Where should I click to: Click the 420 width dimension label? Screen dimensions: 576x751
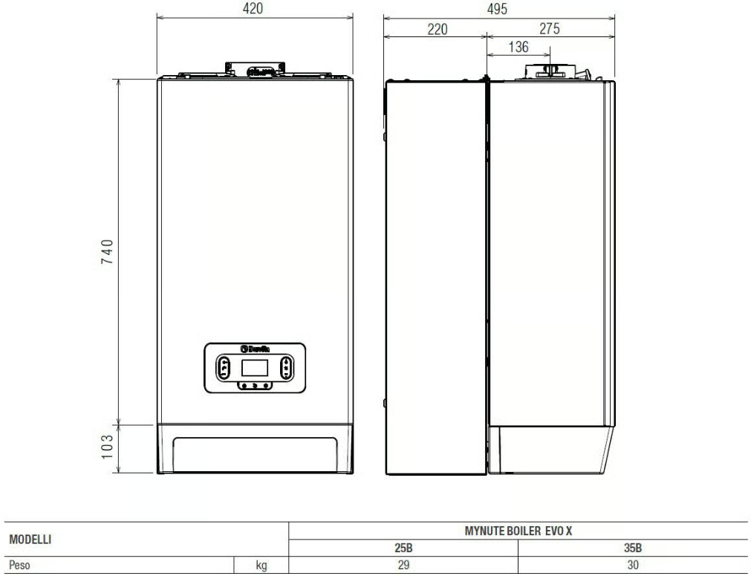(x=254, y=9)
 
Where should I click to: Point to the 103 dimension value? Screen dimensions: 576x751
(x=107, y=448)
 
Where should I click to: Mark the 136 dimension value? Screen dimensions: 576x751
(x=517, y=48)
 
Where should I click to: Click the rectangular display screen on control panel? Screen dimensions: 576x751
(x=255, y=368)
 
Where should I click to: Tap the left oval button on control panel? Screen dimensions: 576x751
(x=224, y=368)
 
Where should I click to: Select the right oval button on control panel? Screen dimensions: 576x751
(x=287, y=368)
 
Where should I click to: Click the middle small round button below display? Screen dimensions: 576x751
(x=255, y=386)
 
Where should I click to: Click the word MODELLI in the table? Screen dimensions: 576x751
(x=29, y=538)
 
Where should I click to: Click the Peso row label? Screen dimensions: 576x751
(x=20, y=565)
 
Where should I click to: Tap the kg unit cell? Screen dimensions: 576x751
(x=261, y=566)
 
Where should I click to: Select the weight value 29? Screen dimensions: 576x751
(x=403, y=565)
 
